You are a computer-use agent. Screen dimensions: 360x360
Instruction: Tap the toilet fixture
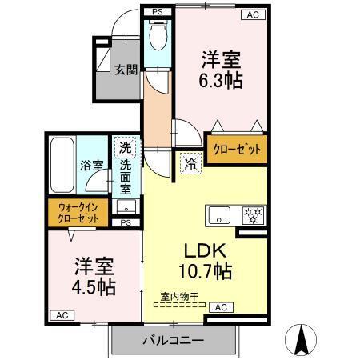point(157,37)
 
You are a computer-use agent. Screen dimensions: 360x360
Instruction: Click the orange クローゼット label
point(237,149)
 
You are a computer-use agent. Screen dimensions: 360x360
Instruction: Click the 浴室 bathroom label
point(91,166)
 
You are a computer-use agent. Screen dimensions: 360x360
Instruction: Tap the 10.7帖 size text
point(204,271)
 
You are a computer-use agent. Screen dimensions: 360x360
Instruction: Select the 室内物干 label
point(177,297)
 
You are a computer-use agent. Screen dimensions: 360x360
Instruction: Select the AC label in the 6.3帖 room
point(252,14)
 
